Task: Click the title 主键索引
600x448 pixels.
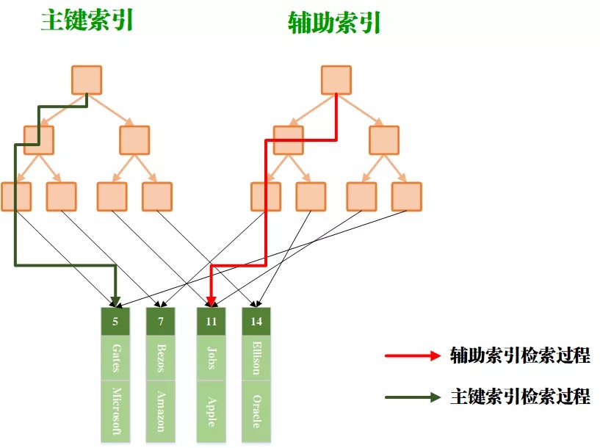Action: coord(87,21)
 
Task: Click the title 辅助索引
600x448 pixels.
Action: coord(334,24)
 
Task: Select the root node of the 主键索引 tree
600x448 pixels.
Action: coord(87,80)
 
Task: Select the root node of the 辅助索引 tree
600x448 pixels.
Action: coord(336,80)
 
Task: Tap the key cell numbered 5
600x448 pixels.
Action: coord(115,322)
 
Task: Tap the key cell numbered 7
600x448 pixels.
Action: coord(160,322)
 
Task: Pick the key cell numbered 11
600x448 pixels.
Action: coord(212,322)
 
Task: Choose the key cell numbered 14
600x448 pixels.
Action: coord(256,322)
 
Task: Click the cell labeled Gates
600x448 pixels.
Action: coord(115,358)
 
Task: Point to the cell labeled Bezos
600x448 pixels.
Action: coord(160,358)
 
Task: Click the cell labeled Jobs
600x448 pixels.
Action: coord(212,358)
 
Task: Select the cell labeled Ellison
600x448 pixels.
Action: coord(256,358)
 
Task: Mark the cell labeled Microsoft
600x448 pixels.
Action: coord(115,411)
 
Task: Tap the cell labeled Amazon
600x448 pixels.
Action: coord(160,411)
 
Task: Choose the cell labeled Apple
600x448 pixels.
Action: coord(212,411)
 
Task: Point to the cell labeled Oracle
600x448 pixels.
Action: coord(256,411)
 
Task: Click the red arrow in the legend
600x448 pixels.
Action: coord(412,356)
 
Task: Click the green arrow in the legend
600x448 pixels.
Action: coord(412,397)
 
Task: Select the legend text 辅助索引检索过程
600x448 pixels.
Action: coord(520,356)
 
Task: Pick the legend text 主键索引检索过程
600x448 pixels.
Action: coord(520,397)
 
